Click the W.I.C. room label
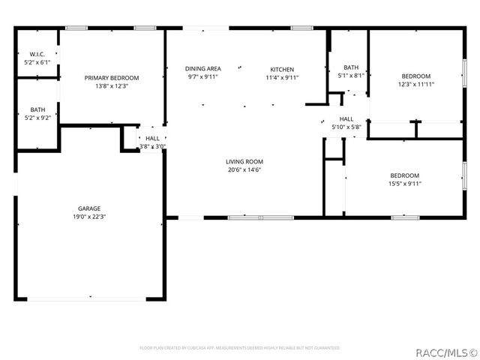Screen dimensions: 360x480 (37, 54)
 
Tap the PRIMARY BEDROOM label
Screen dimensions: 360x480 (112, 77)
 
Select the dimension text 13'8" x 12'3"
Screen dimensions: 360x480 (112, 85)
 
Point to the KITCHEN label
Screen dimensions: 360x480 (282, 69)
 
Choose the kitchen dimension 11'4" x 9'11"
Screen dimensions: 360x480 (282, 77)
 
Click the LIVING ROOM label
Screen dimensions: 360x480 (244, 161)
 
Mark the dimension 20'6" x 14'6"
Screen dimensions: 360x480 (244, 169)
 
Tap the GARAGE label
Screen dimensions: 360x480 (89, 208)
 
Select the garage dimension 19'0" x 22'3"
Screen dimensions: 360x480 (89, 217)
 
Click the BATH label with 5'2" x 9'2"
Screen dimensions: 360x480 (37, 109)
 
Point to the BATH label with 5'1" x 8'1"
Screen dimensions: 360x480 (351, 67)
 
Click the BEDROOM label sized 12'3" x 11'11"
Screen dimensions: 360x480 (416, 76)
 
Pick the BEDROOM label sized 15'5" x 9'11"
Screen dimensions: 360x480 (405, 175)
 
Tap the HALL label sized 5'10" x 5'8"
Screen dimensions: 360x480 (346, 118)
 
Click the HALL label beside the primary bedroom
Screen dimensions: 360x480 (152, 138)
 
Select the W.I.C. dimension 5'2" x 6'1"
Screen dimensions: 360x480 (37, 62)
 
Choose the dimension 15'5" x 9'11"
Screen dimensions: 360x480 (405, 183)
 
